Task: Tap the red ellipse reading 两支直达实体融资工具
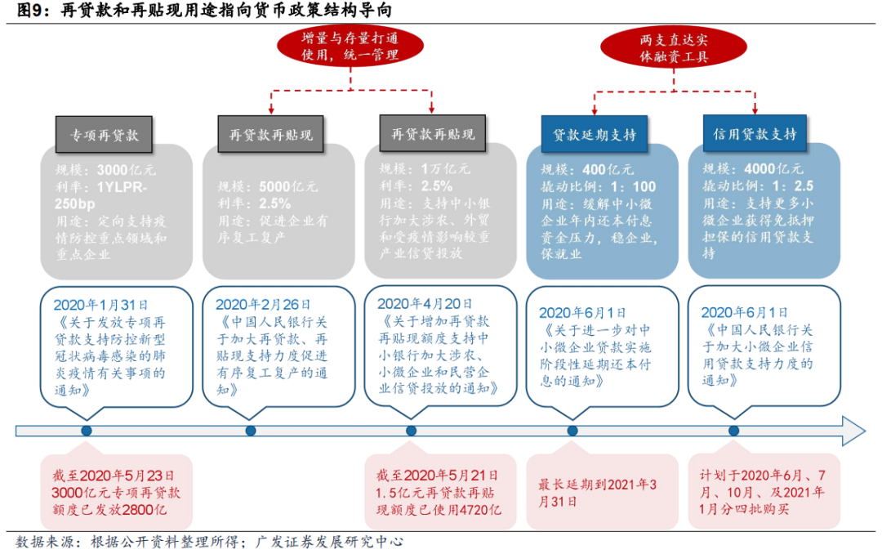click(x=674, y=47)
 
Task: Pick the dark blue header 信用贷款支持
click(x=755, y=134)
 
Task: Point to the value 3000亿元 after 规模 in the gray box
click(x=126, y=171)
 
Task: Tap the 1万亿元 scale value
click(x=444, y=169)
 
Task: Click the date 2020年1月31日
click(x=97, y=304)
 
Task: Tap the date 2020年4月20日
click(x=421, y=302)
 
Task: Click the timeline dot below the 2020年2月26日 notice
click(x=250, y=431)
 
